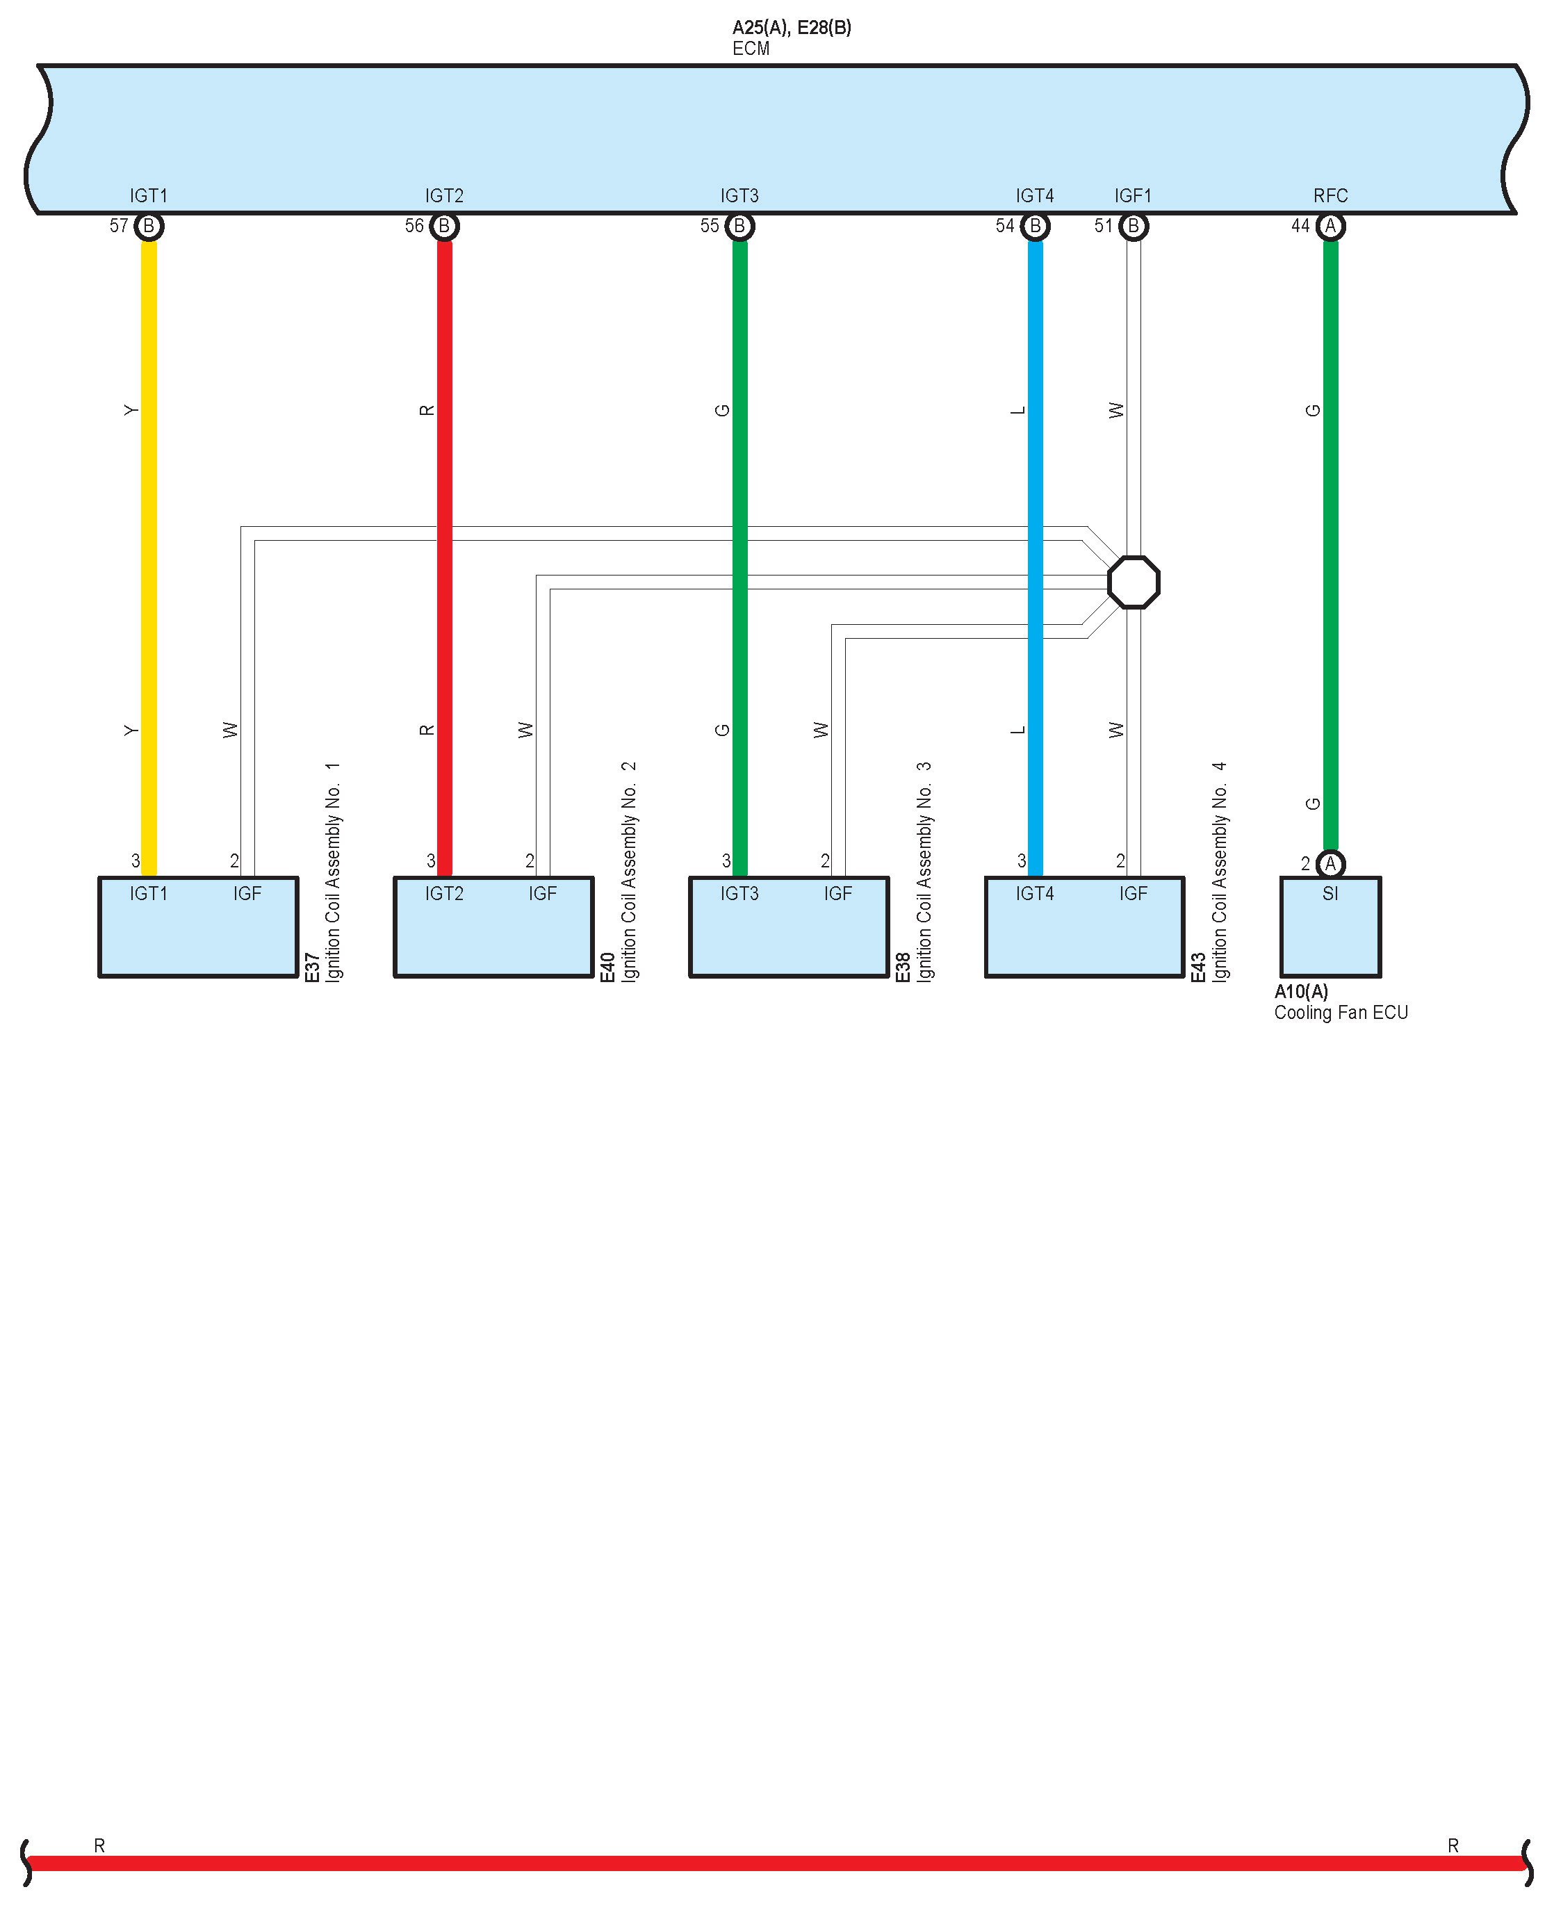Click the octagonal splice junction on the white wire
(1134, 582)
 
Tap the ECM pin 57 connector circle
(149, 227)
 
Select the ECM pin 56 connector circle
(444, 227)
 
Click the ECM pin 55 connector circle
(739, 227)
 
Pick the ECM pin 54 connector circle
(1035, 227)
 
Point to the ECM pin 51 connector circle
(1134, 227)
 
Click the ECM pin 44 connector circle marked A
(1330, 227)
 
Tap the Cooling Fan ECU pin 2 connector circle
(1330, 864)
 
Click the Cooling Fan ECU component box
(1330, 936)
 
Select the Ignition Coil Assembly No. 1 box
(198, 936)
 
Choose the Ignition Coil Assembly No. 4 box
(1084, 936)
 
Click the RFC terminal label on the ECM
(1330, 195)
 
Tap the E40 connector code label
(607, 968)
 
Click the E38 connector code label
(902, 968)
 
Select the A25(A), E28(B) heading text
(792, 28)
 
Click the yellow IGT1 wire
(149, 555)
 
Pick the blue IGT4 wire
(1035, 555)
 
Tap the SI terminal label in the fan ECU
(1330, 893)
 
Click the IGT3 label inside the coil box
(739, 893)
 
